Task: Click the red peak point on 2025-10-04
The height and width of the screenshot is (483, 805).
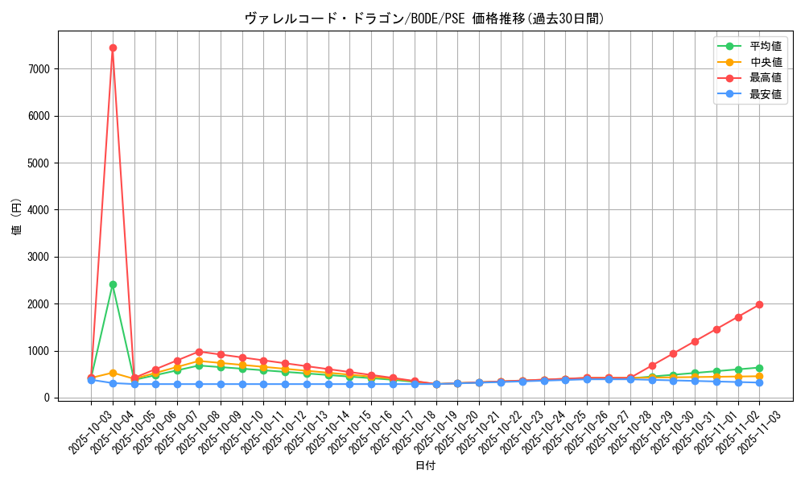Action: coord(113,47)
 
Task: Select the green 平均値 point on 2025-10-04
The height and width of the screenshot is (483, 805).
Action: coord(113,284)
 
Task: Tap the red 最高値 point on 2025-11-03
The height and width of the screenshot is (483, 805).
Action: coord(759,304)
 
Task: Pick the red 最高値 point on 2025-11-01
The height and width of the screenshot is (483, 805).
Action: coord(716,329)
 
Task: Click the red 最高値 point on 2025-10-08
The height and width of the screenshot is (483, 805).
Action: coord(199,352)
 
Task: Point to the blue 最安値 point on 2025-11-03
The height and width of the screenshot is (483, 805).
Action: coord(759,382)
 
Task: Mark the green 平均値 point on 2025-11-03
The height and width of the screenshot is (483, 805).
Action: coord(759,368)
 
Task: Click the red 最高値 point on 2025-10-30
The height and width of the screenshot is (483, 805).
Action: coord(673,353)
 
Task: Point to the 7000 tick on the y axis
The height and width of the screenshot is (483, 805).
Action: coord(39,69)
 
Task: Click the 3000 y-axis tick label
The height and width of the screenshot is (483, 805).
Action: coord(39,258)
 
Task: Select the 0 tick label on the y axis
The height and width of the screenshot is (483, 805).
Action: coord(48,398)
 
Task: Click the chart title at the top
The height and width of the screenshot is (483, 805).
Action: coord(424,19)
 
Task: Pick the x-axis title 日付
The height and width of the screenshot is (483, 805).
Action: coord(424,465)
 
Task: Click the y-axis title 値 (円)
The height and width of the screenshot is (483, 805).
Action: coord(17,217)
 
